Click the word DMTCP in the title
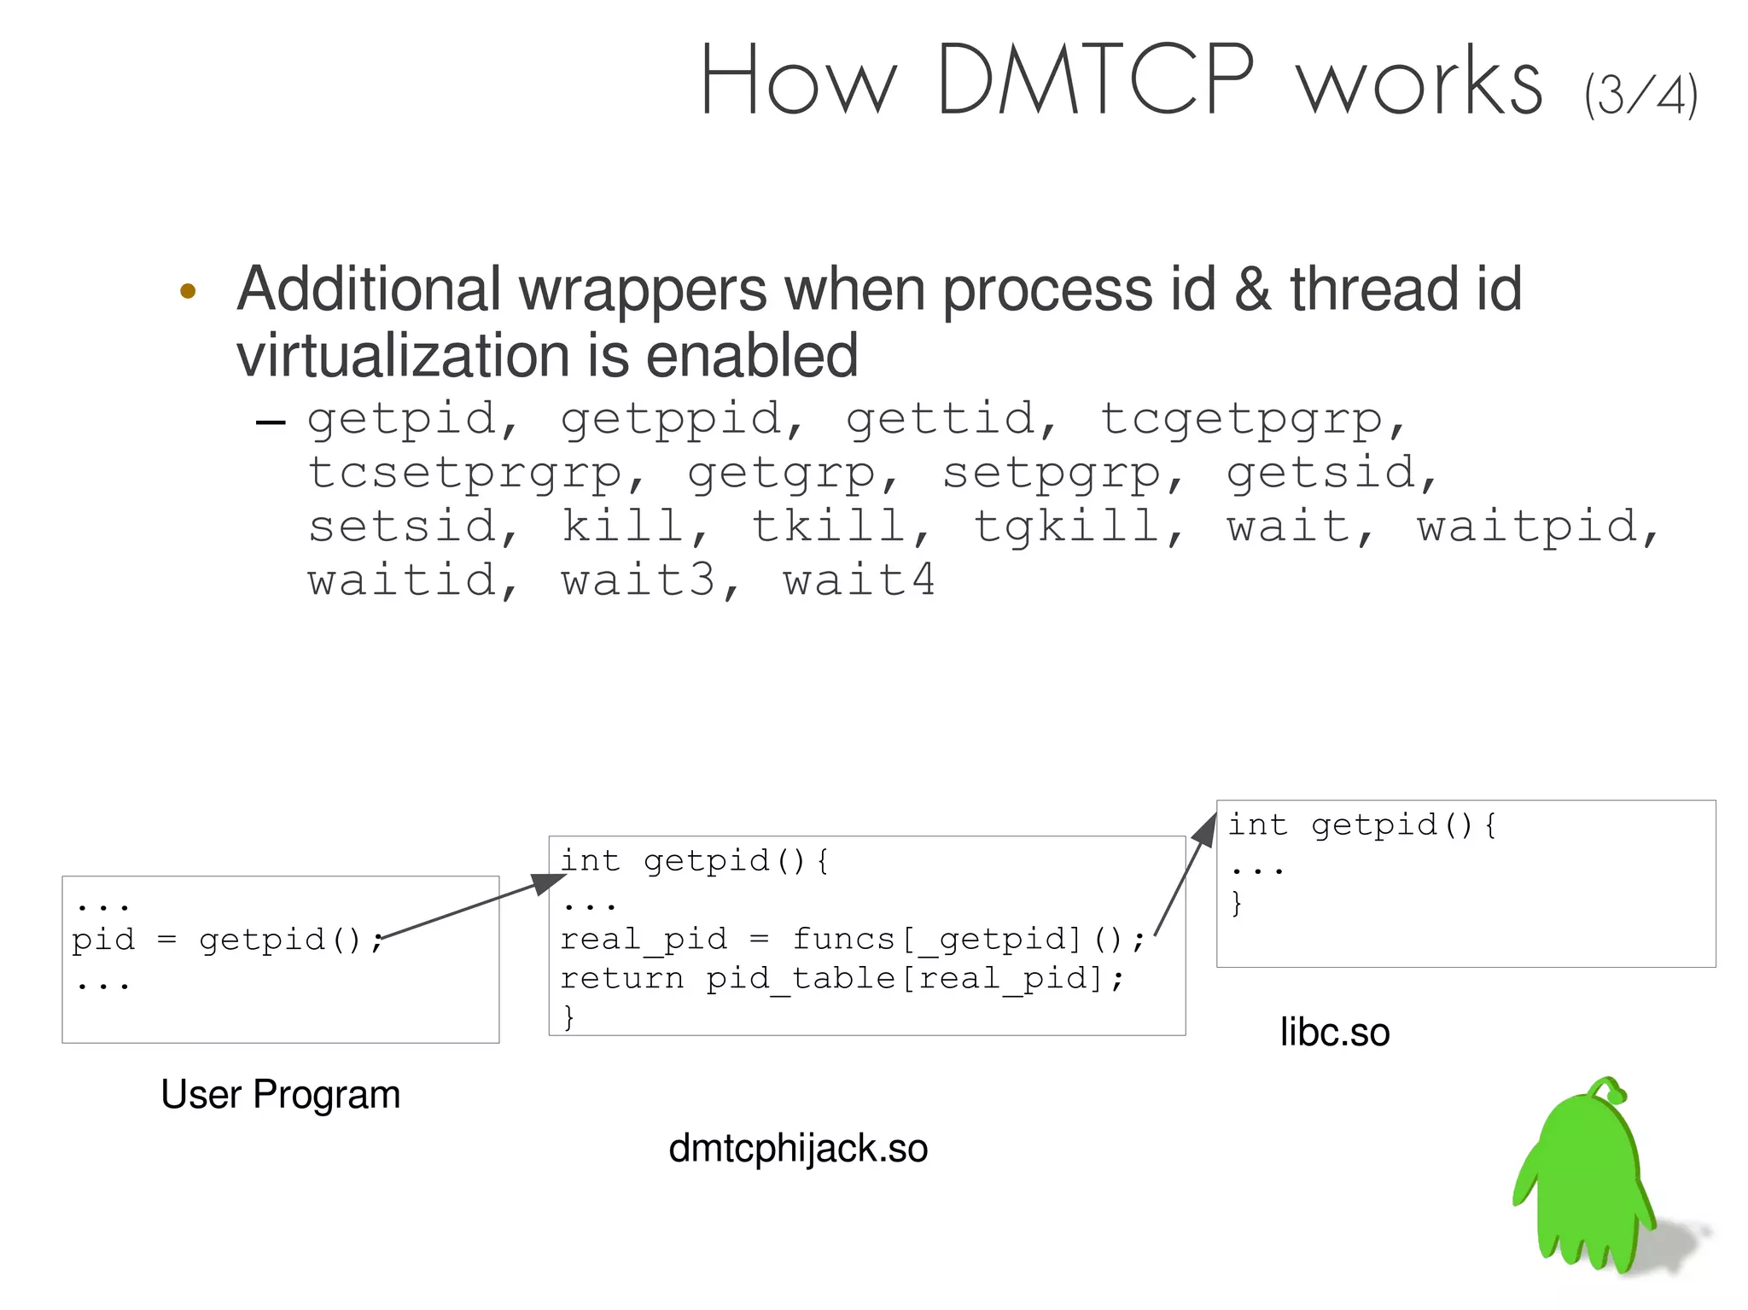[x=1097, y=80]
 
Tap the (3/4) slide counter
[x=1640, y=96]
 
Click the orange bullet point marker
[x=189, y=292]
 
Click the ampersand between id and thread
[x=1252, y=290]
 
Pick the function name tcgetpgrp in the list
[x=1242, y=420]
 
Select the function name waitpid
[x=1529, y=527]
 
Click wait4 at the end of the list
[x=859, y=581]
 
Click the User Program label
[x=280, y=1095]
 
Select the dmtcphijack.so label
[x=798, y=1149]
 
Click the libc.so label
[x=1334, y=1033]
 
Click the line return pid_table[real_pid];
[x=842, y=979]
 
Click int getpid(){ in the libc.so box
[x=1361, y=825]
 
